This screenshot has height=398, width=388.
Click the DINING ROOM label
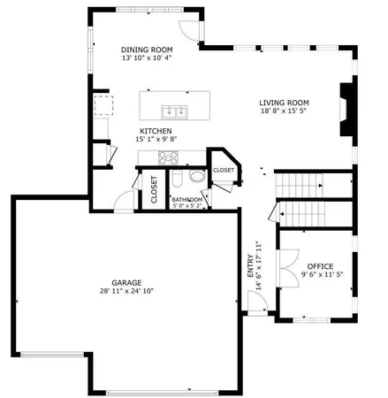tap(147, 50)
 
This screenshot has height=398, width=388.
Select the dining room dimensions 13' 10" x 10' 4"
tap(147, 58)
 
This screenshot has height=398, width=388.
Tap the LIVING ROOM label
tap(285, 102)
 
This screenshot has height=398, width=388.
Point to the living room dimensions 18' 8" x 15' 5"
tap(285, 111)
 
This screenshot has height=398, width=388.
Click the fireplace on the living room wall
tap(346, 109)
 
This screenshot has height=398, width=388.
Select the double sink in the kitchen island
tap(174, 111)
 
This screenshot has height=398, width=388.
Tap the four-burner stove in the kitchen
tap(167, 157)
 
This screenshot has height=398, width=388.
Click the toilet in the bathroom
tap(177, 181)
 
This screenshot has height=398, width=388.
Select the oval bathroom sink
tap(195, 177)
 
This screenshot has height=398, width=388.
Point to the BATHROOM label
tap(187, 200)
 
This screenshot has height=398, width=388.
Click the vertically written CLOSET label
tap(154, 191)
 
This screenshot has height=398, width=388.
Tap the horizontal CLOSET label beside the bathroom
tap(224, 170)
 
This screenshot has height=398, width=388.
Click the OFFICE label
tap(319, 266)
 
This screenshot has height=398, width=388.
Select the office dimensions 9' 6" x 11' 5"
tap(319, 275)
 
